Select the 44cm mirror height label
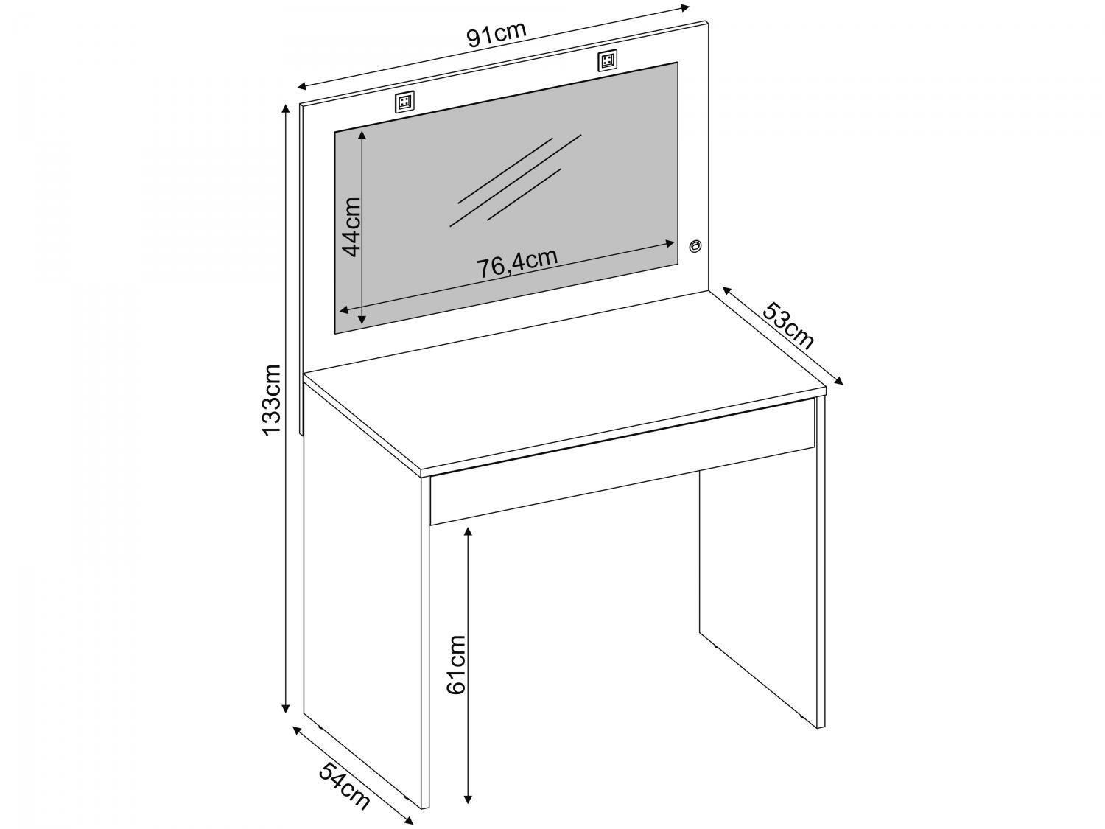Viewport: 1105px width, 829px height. pos(351,226)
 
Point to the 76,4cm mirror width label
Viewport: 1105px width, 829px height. pos(518,262)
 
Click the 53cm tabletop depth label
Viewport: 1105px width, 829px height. pos(787,326)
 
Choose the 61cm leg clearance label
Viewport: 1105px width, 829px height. pos(457,665)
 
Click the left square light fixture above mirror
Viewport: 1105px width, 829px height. pos(404,102)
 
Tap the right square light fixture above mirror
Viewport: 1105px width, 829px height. pos(608,60)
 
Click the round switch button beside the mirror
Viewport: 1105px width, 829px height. pos(695,245)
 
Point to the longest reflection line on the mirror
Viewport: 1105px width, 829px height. pos(516,181)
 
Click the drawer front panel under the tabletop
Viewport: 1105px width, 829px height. pos(622,475)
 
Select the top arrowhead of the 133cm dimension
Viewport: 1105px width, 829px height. pos(286,109)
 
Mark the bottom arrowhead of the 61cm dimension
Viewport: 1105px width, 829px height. pos(469,802)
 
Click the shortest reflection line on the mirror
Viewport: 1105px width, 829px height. pos(524,194)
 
